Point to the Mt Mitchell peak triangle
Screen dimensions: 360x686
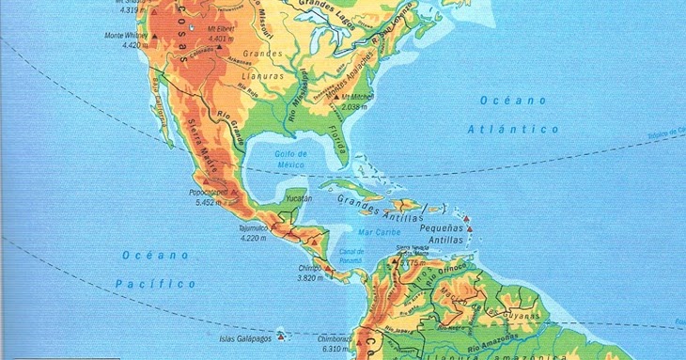pos(335,96)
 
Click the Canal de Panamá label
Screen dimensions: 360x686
pos(352,257)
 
